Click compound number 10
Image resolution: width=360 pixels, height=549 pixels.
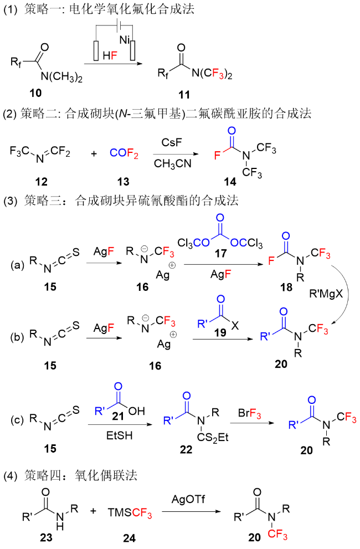click(35, 93)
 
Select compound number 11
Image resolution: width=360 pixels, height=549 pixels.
click(184, 95)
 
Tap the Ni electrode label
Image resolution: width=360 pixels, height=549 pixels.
click(124, 40)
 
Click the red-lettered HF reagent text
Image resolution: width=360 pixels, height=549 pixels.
click(110, 55)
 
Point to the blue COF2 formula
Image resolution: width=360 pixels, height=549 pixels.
click(124, 153)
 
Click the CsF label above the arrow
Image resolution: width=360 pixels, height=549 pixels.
click(172, 142)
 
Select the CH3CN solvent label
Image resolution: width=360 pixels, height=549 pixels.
click(173, 163)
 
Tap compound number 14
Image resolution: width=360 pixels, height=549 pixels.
click(230, 182)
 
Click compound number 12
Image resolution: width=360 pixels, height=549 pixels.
click(42, 182)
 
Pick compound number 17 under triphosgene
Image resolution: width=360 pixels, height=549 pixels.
click(220, 253)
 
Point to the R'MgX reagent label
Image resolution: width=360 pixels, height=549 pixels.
click(326, 294)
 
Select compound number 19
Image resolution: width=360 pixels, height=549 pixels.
click(220, 332)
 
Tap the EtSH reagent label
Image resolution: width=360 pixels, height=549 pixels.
click(120, 435)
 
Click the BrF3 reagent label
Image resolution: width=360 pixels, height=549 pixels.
click(249, 413)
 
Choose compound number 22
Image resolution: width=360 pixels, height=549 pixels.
click(186, 450)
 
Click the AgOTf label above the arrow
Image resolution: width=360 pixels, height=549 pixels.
click(188, 499)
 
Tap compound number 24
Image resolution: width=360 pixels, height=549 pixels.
click(129, 538)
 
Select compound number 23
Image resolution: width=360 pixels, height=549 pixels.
click(46, 537)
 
